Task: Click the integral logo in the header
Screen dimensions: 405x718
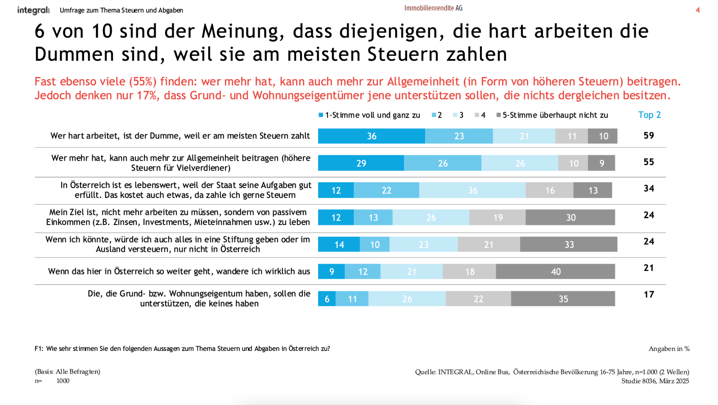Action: [33, 10]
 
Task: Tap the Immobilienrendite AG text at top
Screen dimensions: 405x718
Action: [433, 8]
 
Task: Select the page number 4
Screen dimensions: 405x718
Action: [698, 10]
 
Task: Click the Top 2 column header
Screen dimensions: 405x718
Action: [649, 115]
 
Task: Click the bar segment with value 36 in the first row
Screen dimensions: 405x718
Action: [372, 136]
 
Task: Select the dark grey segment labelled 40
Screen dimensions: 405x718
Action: [556, 271]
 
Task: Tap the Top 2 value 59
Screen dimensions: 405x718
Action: [649, 135]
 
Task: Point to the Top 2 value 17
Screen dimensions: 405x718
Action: [649, 294]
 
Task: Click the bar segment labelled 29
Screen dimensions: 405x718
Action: [361, 163]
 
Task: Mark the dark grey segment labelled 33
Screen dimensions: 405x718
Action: [569, 244]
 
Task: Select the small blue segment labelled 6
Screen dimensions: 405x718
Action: [327, 299]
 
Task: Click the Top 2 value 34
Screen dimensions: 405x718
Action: [649, 189]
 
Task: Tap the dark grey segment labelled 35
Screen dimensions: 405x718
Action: [563, 299]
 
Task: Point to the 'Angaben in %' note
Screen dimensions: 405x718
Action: [669, 349]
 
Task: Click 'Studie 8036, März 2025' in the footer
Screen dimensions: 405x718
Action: [655, 381]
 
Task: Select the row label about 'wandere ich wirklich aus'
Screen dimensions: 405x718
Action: [179, 271]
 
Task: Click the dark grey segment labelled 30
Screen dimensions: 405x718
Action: [570, 217]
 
